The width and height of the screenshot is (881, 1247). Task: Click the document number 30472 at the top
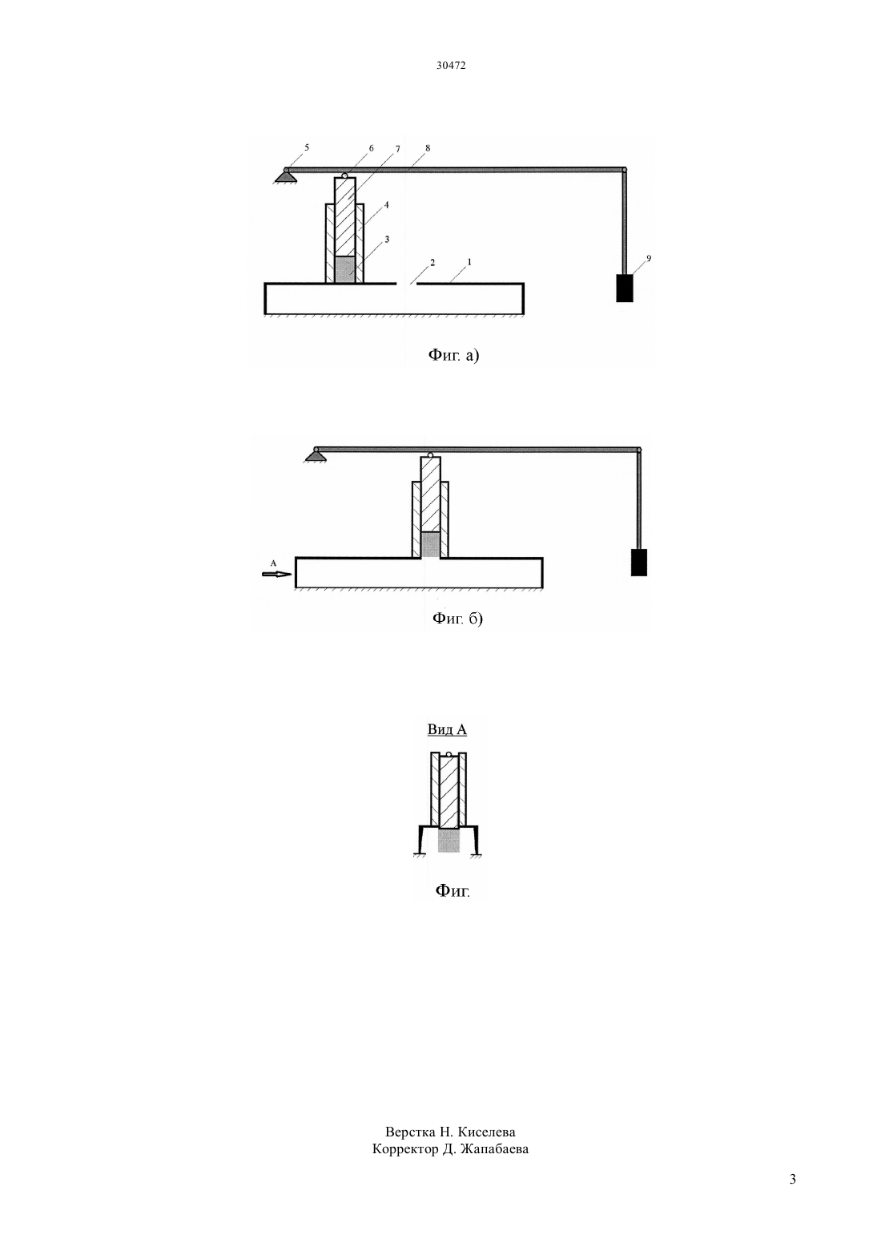(450, 65)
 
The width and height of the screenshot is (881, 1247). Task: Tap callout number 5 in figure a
(307, 147)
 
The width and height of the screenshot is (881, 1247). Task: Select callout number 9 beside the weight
(649, 258)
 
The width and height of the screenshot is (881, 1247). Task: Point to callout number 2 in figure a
(432, 261)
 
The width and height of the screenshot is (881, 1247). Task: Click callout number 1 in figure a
(469, 261)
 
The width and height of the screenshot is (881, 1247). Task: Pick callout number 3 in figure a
(387, 239)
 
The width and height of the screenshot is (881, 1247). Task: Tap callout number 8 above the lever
(427, 148)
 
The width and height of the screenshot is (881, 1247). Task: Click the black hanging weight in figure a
(625, 288)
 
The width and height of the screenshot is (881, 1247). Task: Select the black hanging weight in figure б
(638, 563)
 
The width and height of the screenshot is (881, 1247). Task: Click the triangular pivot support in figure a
(287, 176)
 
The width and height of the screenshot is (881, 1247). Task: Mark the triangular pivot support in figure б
(315, 457)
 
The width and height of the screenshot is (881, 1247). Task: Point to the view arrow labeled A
(276, 574)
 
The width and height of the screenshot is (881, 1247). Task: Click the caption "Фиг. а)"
(453, 354)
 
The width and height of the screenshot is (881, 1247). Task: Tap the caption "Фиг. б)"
(457, 618)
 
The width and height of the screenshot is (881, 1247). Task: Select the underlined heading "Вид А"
(447, 728)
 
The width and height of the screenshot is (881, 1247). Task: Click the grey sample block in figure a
(345, 269)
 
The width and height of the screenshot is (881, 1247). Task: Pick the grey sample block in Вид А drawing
(449, 841)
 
